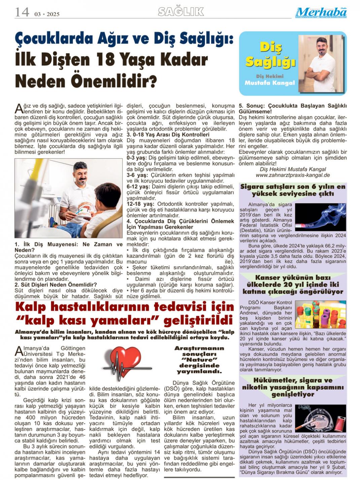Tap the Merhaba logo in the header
point(321,12)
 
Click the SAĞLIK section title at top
point(181,12)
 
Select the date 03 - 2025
point(47,14)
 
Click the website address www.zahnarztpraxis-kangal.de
point(293,175)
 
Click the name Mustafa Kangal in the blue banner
point(270,83)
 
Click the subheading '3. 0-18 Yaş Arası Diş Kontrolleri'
point(168,135)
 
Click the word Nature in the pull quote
point(199,360)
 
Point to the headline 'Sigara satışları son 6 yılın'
point(293,187)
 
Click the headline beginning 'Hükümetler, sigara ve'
point(293,380)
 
